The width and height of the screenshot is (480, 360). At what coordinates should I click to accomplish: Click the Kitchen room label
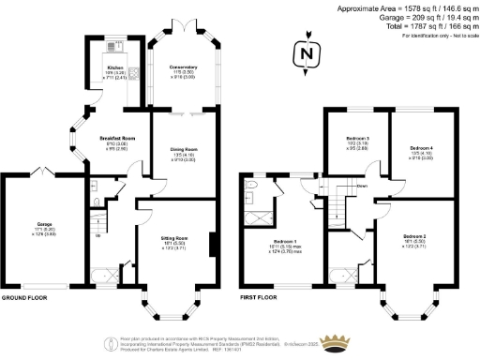click(114, 68)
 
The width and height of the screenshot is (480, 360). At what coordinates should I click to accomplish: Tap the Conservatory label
click(184, 67)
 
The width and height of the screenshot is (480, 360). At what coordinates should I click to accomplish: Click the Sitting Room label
click(175, 239)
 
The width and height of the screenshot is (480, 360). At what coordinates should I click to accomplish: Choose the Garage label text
click(43, 225)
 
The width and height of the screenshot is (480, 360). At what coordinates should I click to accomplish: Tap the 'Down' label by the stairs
click(361, 186)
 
